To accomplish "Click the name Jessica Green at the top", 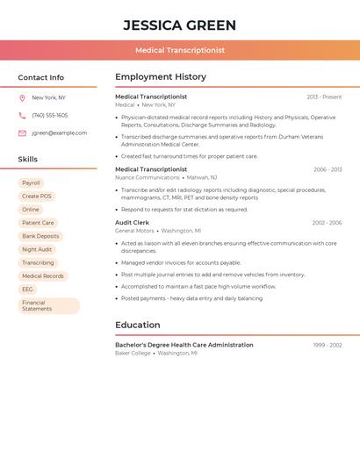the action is [x=180, y=25].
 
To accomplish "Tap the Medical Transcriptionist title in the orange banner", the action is [x=180, y=50].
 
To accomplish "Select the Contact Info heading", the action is [x=41, y=77].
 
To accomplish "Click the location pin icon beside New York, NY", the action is [x=22, y=98].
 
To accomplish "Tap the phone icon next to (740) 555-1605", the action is [x=22, y=116].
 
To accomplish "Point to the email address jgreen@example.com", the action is [x=60, y=133].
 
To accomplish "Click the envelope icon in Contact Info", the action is [x=22, y=133].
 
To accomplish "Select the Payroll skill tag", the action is [x=31, y=183].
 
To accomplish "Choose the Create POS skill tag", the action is [x=37, y=197].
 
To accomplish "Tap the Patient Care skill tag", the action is [x=38, y=223].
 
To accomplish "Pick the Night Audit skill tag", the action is [x=37, y=249].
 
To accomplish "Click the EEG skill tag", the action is [x=27, y=289].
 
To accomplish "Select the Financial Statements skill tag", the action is [x=48, y=305].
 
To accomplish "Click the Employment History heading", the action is [x=161, y=77].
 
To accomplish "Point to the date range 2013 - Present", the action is [x=324, y=97].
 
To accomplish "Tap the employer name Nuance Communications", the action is [x=148, y=177].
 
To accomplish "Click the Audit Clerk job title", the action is [x=132, y=223].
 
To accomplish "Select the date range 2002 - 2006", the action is [x=327, y=223].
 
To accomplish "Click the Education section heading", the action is [x=138, y=325].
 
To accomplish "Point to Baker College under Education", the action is [x=133, y=353].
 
